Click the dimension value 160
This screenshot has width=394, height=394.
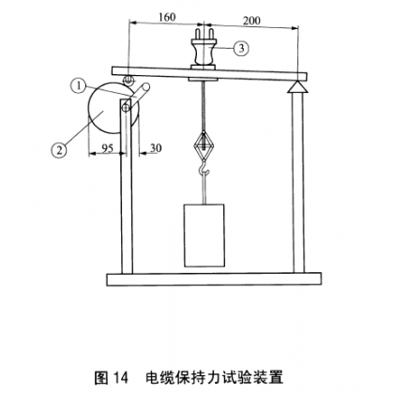click(x=167, y=17)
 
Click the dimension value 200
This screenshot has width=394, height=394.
click(x=251, y=21)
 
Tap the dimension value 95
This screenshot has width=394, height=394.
click(x=107, y=148)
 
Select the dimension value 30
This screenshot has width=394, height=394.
click(x=156, y=147)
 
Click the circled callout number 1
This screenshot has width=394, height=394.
click(x=79, y=85)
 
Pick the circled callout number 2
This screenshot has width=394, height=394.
click(x=58, y=150)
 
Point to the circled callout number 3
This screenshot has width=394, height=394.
click(x=241, y=48)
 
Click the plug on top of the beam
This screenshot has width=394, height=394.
click(x=204, y=49)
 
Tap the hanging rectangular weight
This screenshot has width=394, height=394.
click(x=205, y=235)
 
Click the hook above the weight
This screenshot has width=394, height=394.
click(x=204, y=169)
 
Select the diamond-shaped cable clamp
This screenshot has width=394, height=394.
click(x=204, y=144)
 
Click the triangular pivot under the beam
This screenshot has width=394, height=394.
click(x=297, y=86)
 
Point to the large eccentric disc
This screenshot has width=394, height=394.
click(x=105, y=108)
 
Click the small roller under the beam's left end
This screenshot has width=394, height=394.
click(x=129, y=80)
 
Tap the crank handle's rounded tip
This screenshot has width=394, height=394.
click(x=146, y=87)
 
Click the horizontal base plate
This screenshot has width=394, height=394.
click(x=214, y=280)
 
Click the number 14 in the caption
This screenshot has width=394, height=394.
click(x=121, y=377)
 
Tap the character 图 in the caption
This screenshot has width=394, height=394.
click(x=101, y=377)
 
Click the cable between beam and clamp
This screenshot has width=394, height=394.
click(x=204, y=107)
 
